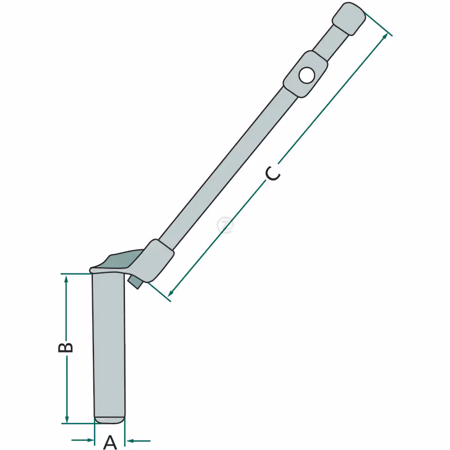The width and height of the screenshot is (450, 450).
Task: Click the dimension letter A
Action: [x=110, y=443]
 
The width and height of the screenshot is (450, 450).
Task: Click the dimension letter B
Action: [x=66, y=347]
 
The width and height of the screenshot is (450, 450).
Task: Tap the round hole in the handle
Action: [x=307, y=75]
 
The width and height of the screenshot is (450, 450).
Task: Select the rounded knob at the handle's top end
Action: [x=349, y=19]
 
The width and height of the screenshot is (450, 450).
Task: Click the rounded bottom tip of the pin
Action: [x=110, y=420]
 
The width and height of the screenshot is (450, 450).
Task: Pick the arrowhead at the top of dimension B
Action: [x=66, y=278]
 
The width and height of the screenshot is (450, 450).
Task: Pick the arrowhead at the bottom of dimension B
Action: [x=67, y=418]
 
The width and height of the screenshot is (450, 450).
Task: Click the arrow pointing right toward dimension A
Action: [x=83, y=440]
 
